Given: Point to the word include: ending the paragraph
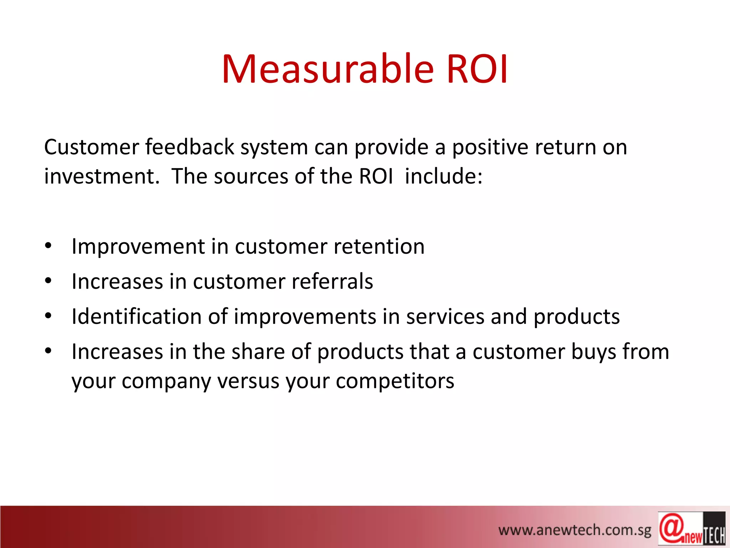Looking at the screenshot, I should pos(443,176).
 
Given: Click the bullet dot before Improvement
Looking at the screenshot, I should pos(48,245).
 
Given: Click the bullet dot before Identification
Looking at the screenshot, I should pos(48,316).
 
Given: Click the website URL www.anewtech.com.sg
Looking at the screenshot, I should pos(574,530).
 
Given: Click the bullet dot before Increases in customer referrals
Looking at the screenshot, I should pos(48,281).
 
